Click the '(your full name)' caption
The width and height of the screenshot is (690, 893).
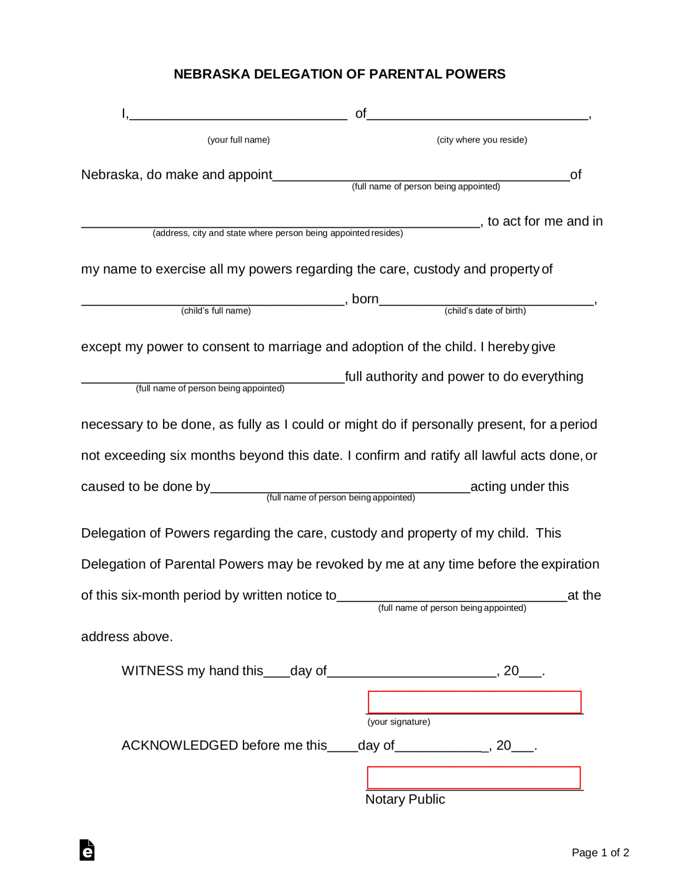click(x=238, y=140)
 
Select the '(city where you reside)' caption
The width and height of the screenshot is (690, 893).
click(x=482, y=140)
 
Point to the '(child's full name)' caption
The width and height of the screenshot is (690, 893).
click(x=216, y=311)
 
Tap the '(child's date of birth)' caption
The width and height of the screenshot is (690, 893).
click(x=485, y=311)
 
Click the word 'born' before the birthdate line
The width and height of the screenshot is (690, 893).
click(x=365, y=299)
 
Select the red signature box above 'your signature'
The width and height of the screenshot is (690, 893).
click(x=474, y=702)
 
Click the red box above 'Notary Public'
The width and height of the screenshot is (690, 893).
click(x=473, y=777)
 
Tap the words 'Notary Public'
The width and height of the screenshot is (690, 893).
click(x=405, y=799)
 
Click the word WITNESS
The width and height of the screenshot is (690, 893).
click(x=153, y=671)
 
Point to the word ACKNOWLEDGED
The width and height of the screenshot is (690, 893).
click(x=180, y=745)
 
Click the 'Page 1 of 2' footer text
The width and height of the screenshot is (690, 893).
click(x=600, y=852)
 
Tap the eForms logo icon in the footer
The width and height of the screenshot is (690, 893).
click(x=87, y=850)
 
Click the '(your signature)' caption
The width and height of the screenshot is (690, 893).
click(x=398, y=722)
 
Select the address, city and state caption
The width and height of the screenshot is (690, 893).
click(x=278, y=233)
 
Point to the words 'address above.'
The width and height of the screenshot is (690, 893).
click(x=127, y=637)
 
